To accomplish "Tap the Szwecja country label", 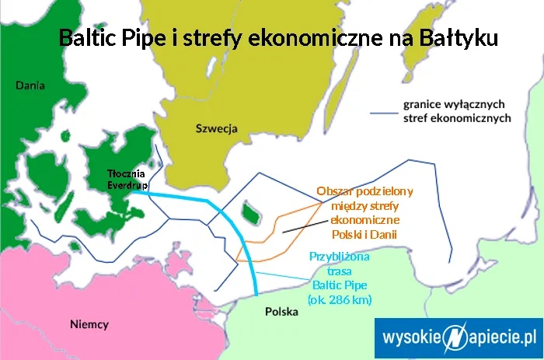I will tap(217, 128).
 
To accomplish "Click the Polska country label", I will tap(281, 312).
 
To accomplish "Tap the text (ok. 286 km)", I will tap(340, 299).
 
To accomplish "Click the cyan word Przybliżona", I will tap(340, 257).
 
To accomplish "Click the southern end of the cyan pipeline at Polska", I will tap(257, 294).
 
